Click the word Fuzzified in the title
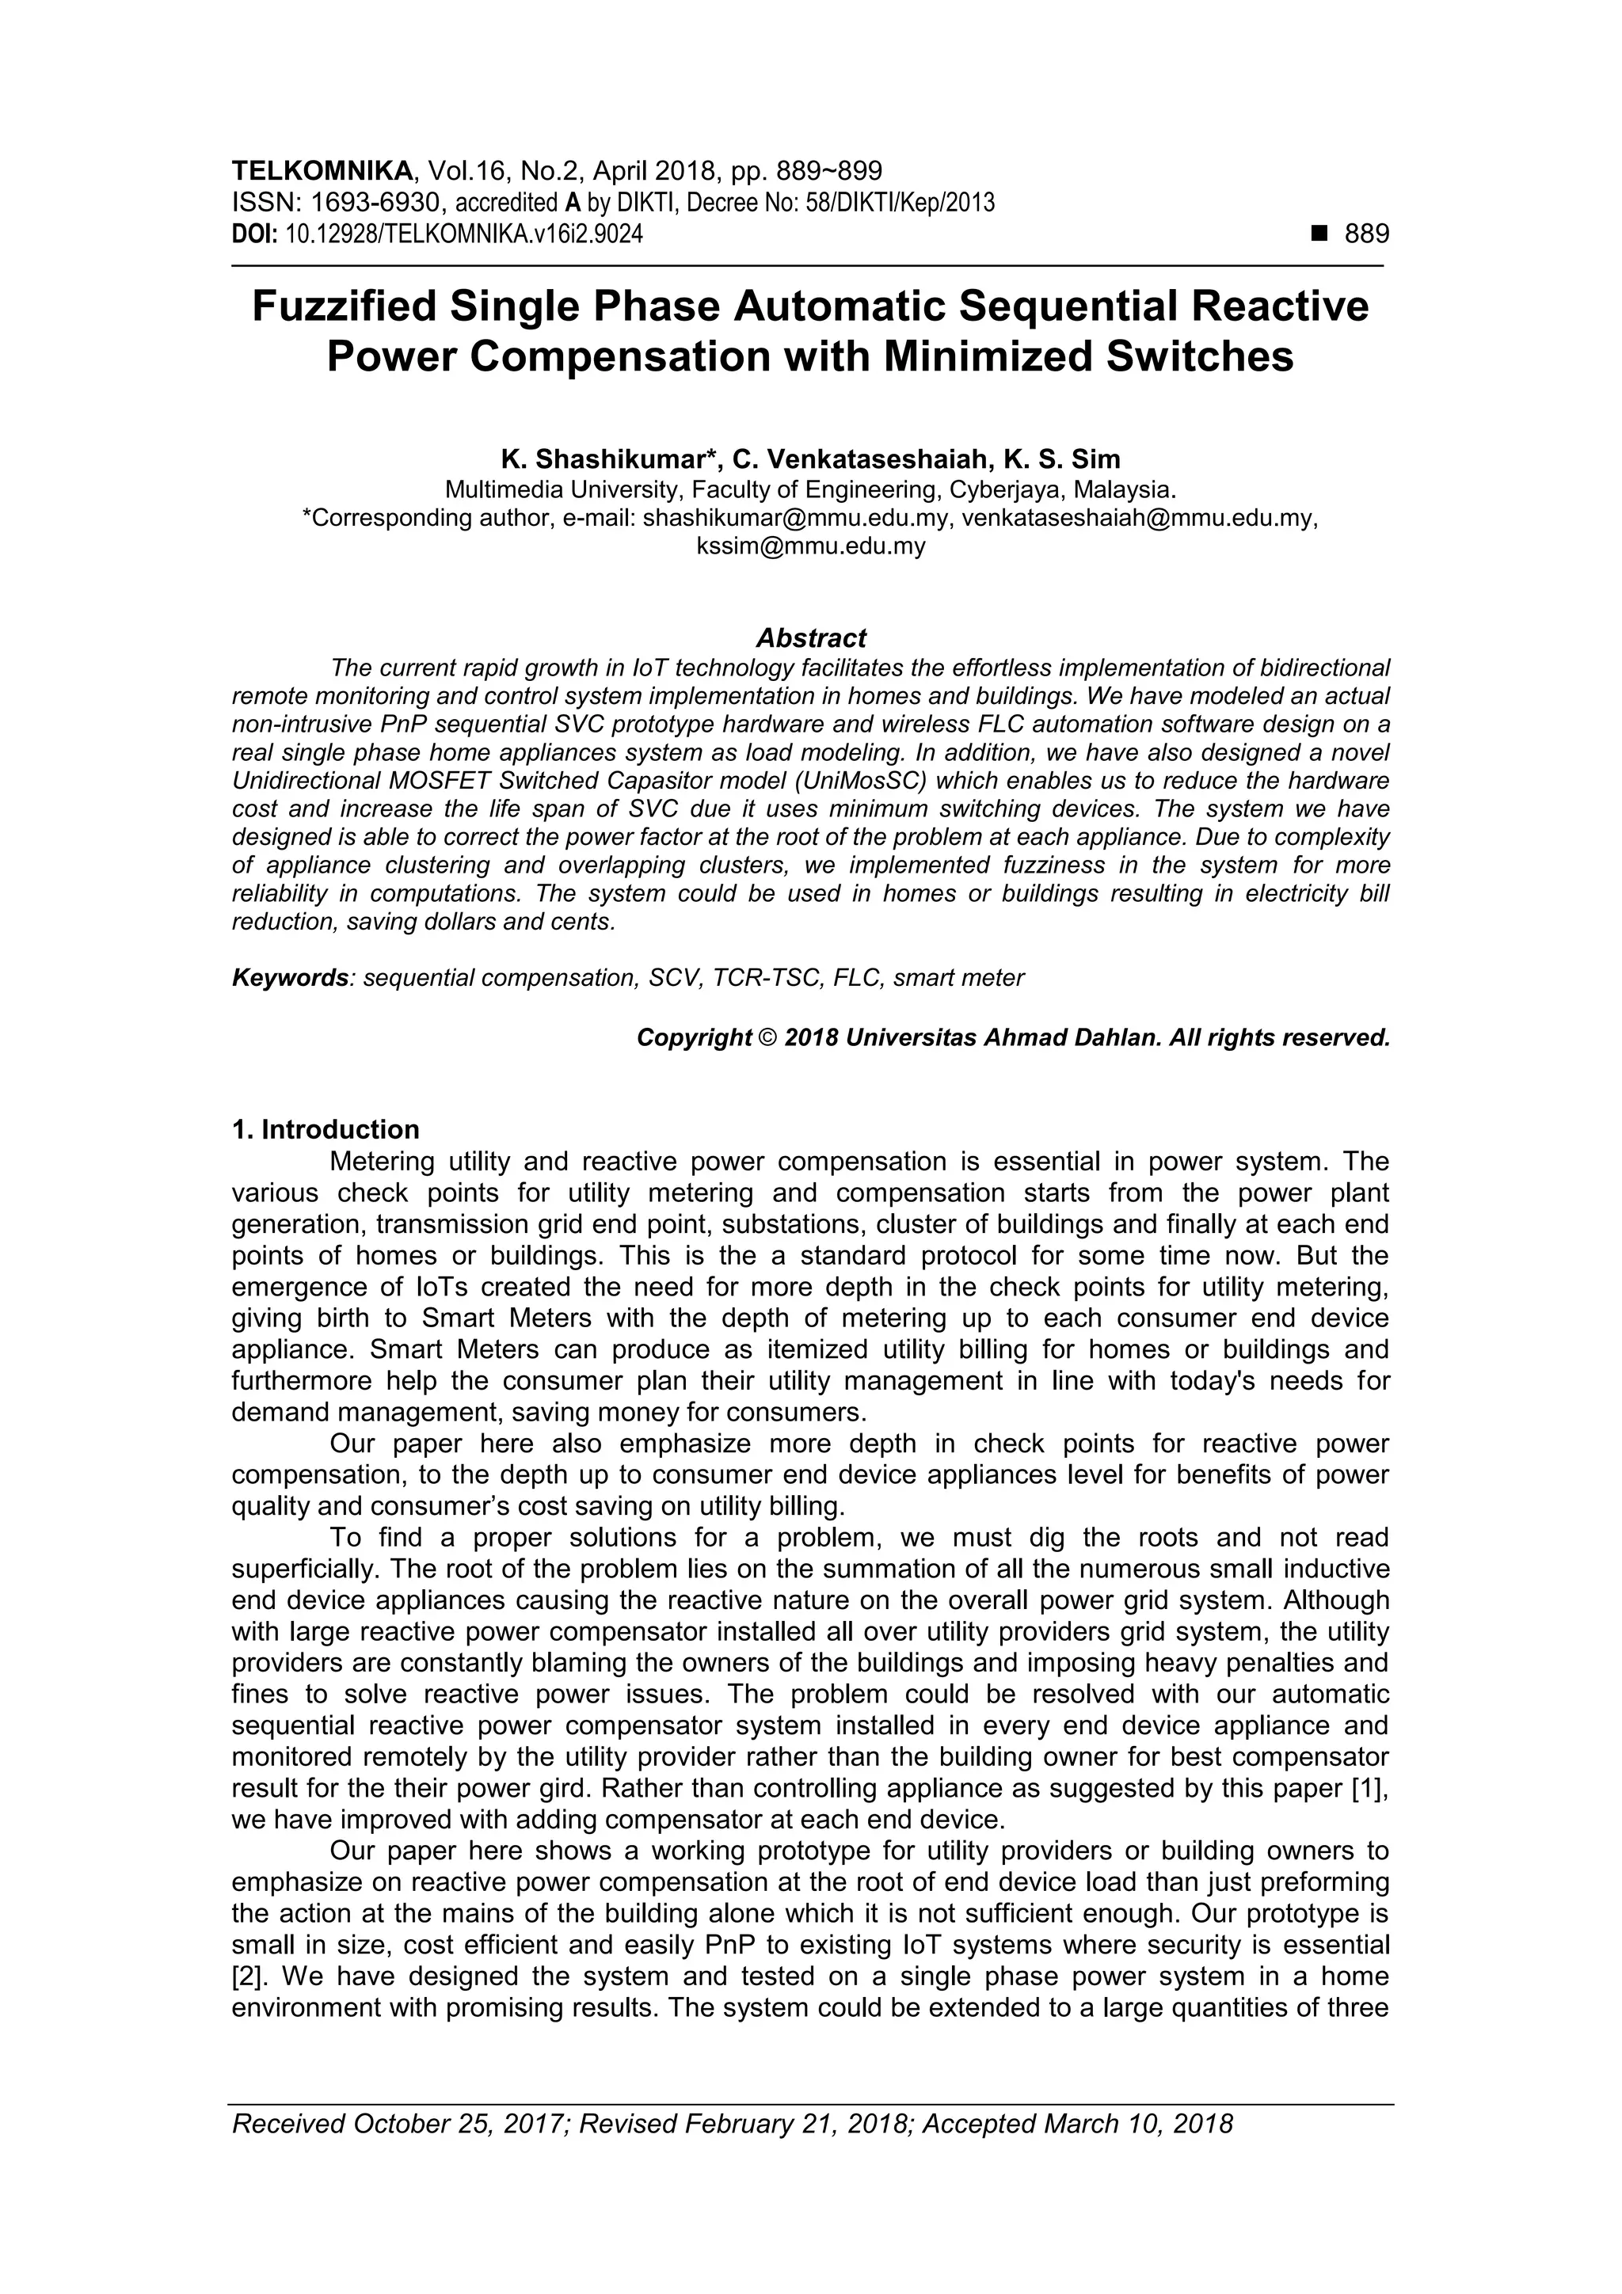tap(343, 306)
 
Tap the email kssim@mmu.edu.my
tap(810, 546)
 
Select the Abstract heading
tap(810, 638)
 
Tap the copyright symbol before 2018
tap(767, 1038)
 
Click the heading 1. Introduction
tap(326, 1130)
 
